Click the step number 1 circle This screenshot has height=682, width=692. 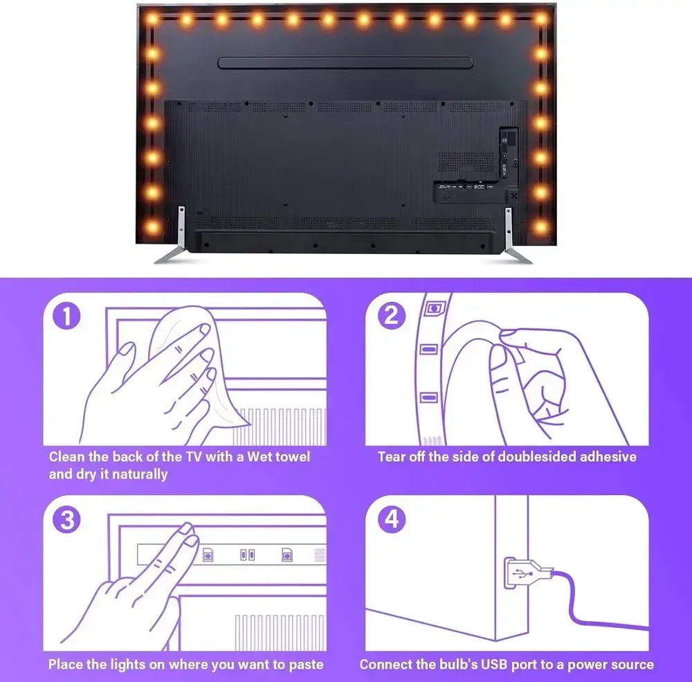tap(66, 316)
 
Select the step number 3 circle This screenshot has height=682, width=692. tap(66, 519)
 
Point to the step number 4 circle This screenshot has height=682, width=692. tap(392, 519)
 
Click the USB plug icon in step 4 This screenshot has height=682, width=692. tap(527, 573)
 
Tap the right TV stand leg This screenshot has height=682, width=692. tap(516, 236)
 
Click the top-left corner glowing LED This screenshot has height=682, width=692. tap(152, 19)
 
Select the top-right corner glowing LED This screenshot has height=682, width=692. tap(540, 19)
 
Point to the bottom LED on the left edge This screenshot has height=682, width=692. tap(152, 228)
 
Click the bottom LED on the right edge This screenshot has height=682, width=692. tap(540, 228)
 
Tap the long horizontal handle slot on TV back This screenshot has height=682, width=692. tap(345, 62)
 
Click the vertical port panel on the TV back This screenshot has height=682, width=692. tap(509, 154)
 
